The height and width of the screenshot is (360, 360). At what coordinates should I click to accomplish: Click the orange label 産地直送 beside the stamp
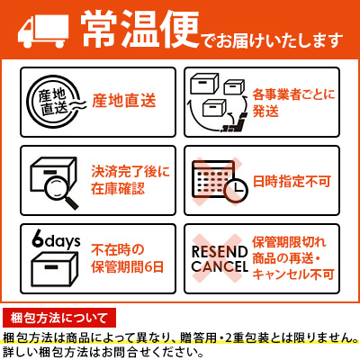pyautogui.click(x=120, y=100)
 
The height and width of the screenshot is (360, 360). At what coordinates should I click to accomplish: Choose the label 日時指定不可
pyautogui.click(x=292, y=178)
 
